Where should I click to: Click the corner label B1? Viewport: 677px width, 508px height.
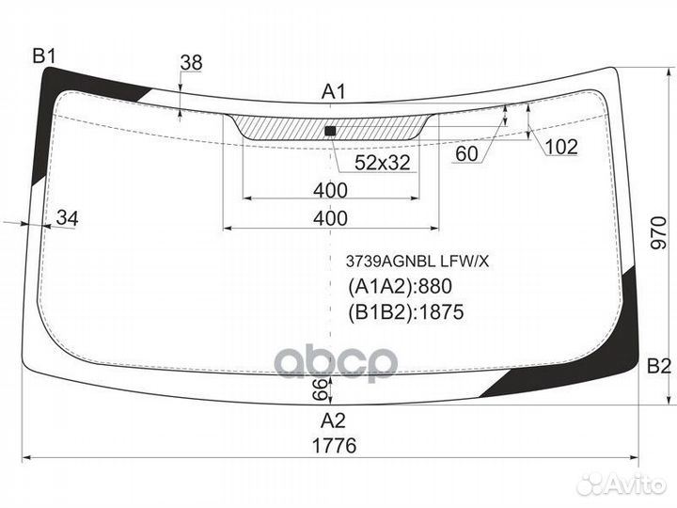point(44,56)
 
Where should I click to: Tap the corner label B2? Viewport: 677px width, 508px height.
point(659,366)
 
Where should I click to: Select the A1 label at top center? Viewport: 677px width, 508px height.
point(334,92)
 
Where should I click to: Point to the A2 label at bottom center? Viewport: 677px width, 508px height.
point(333,421)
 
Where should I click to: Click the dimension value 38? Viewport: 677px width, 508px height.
point(191,63)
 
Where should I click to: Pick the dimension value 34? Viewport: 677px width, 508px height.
point(68,218)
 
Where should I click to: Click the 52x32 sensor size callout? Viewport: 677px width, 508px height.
point(382,163)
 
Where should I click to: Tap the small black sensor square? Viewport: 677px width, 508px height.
point(330,131)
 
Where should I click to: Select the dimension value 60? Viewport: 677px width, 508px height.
point(466,153)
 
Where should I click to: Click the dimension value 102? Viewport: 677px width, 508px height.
point(561,148)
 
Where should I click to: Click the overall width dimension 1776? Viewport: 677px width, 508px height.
point(334,445)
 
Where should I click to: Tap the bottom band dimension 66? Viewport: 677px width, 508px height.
point(322,389)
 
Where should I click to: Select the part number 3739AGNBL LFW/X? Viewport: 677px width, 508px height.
point(417,262)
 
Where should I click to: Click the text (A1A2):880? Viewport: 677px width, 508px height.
point(400,286)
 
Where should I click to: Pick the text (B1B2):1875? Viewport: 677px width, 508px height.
point(406,312)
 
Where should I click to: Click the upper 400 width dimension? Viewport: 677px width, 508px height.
point(330,190)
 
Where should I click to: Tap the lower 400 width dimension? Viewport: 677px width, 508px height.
point(330,218)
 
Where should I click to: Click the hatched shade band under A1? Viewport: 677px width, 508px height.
point(331,127)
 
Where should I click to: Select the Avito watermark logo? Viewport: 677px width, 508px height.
point(622,484)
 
